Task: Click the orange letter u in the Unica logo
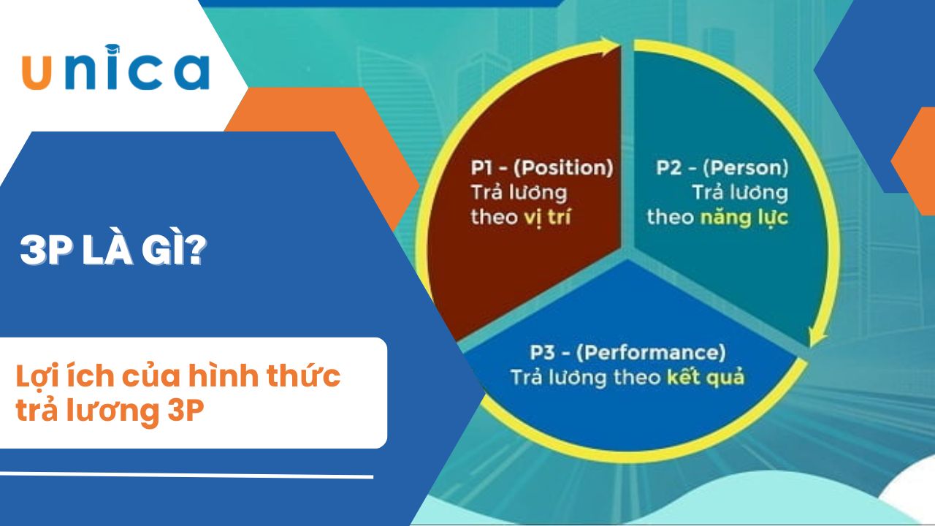pyautogui.click(x=37, y=72)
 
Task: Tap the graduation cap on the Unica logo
pyautogui.click(x=112, y=49)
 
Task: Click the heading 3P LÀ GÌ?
pyautogui.click(x=113, y=250)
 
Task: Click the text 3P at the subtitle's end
pyautogui.click(x=186, y=411)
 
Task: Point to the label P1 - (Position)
pyautogui.click(x=542, y=168)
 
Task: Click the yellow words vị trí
pyautogui.click(x=547, y=218)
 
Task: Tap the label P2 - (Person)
pyautogui.click(x=722, y=168)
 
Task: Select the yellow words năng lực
pyautogui.click(x=744, y=218)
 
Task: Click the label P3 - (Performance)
pyautogui.click(x=627, y=353)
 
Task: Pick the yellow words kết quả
pyautogui.click(x=706, y=378)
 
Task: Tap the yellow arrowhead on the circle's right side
pyautogui.click(x=817, y=335)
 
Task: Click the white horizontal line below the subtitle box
pyautogui.click(x=186, y=475)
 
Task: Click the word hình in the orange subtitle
pyautogui.click(x=223, y=375)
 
